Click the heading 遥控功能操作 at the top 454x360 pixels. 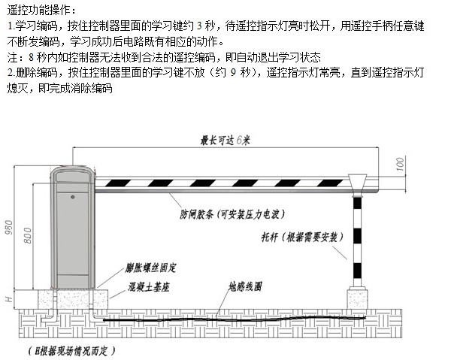(39, 11)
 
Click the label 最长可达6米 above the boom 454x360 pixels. (225, 140)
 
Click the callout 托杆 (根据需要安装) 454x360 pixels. (301, 238)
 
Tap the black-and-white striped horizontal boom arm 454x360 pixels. (225, 182)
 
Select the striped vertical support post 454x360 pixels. (358, 241)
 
